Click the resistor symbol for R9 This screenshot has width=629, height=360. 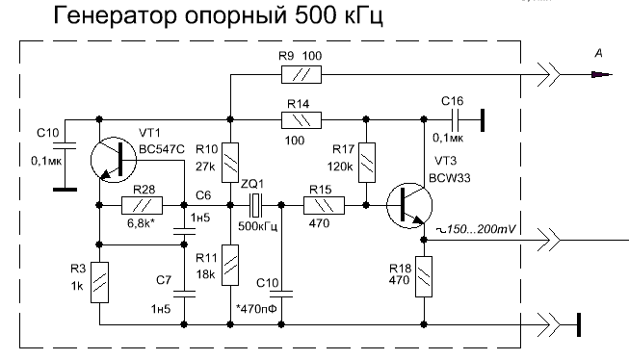pos(301,75)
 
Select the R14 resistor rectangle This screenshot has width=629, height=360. pos(301,120)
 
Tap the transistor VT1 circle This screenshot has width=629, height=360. pos(114,160)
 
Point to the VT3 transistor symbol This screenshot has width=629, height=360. pos(409,206)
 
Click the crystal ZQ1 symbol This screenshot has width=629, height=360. pos(255,205)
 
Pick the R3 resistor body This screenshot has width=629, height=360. pos(99,283)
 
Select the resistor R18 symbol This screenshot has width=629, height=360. pos(424,276)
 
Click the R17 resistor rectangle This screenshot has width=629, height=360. pos(366,163)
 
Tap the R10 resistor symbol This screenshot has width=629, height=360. pos(230,163)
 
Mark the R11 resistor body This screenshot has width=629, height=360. pos(230,265)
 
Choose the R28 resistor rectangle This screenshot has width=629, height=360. pos(142,205)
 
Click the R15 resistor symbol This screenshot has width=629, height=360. pos(324,205)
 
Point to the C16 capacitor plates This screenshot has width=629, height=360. pos(454,119)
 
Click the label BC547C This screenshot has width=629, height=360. pos(162,149)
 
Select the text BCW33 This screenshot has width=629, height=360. pos(450,178)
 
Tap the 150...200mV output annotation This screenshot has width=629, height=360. pos(476,229)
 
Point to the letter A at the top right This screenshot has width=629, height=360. pos(598,53)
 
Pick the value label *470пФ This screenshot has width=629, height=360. pos(257,309)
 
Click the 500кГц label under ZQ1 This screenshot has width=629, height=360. pos(258,226)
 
